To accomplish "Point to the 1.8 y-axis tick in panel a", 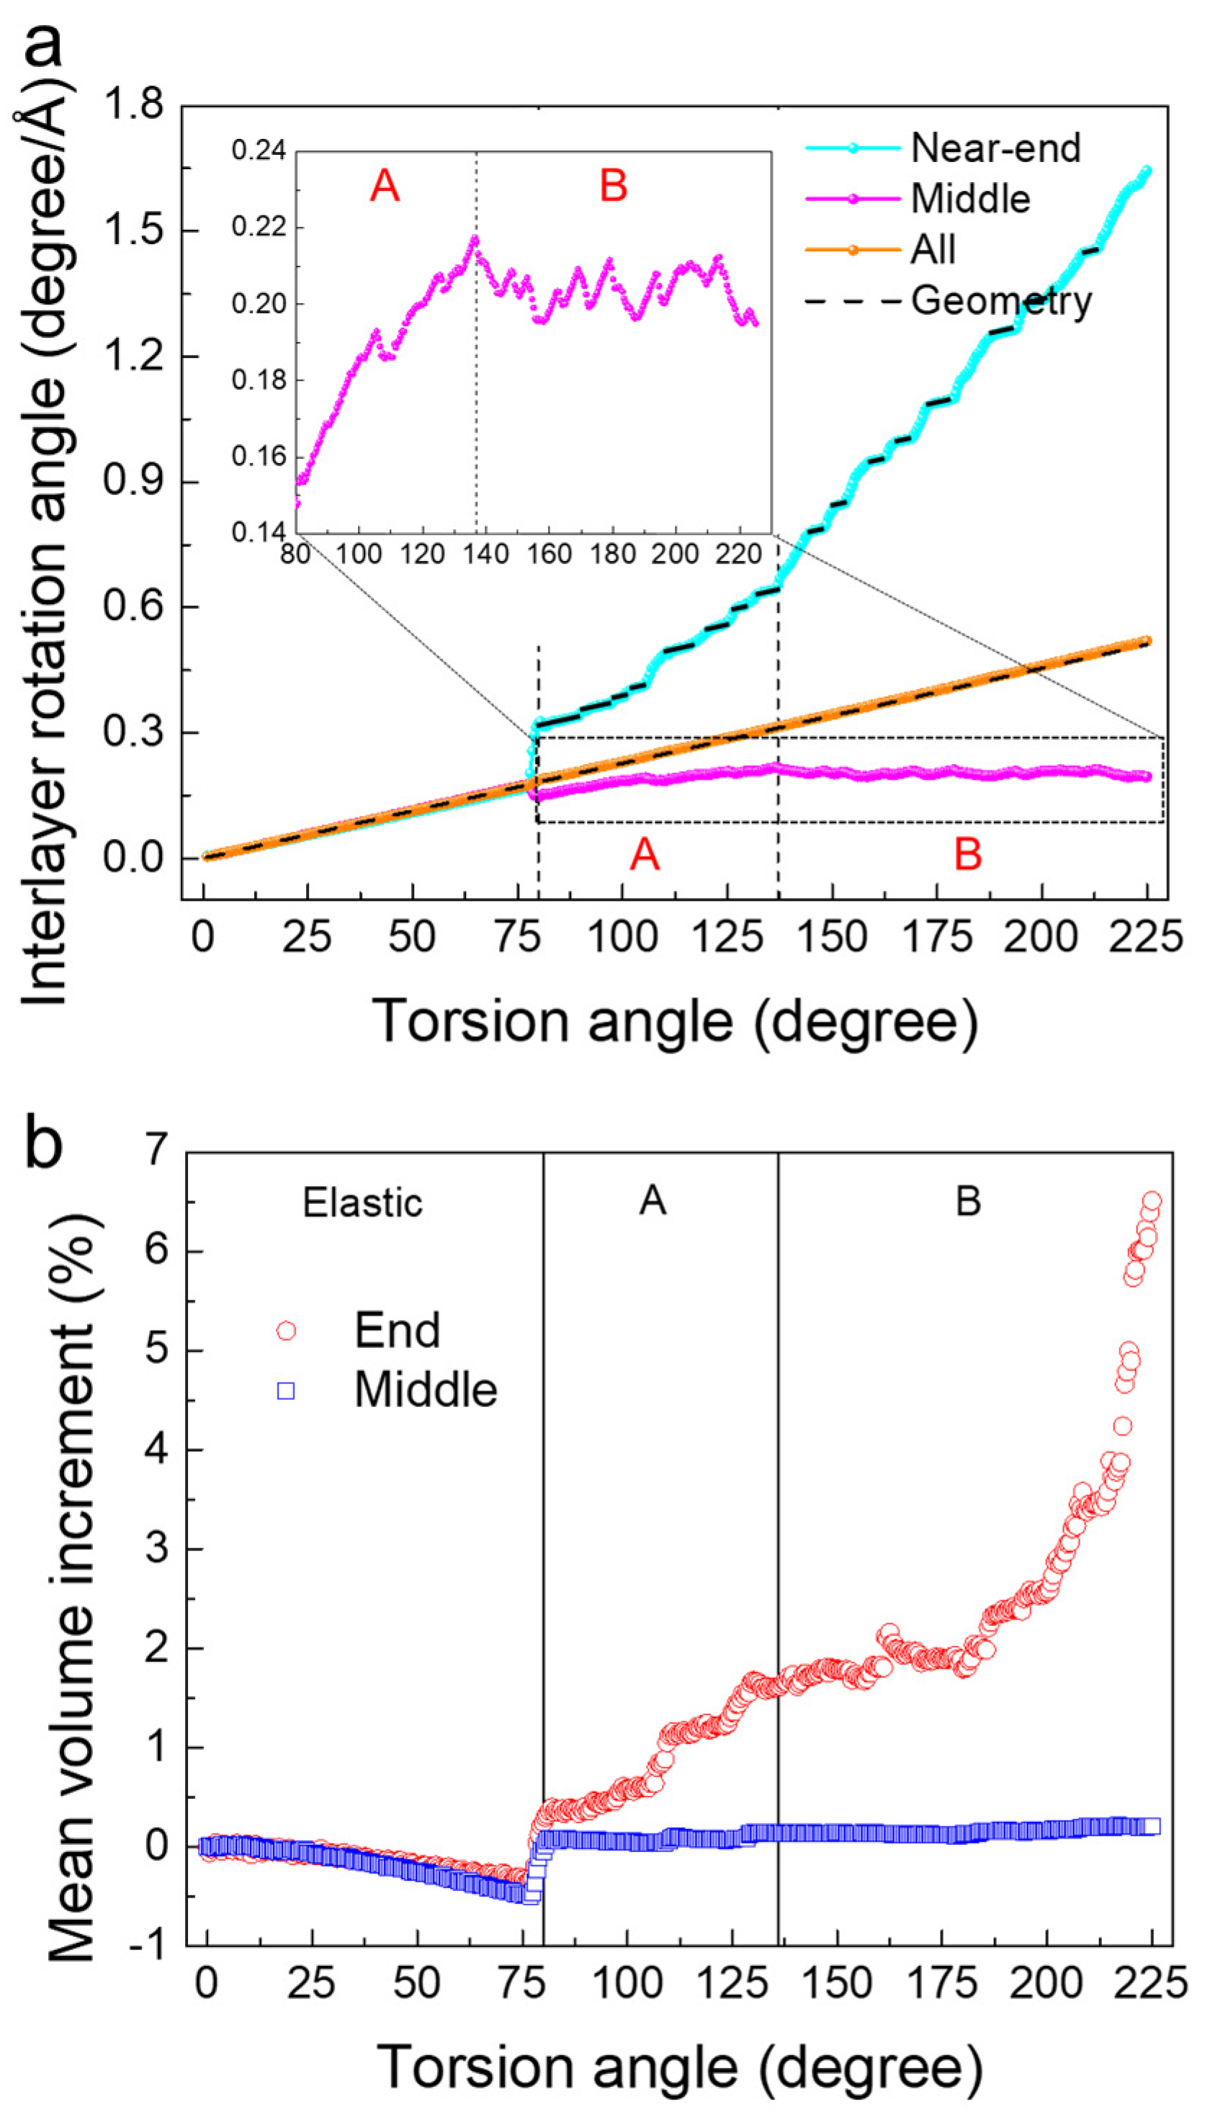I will pyautogui.click(x=133, y=106).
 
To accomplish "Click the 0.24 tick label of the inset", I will pyautogui.click(x=259, y=151).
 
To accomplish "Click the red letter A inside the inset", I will pyautogui.click(x=385, y=185).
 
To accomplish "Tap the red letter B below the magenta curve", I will pyautogui.click(x=967, y=854).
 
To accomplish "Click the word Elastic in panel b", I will pyautogui.click(x=362, y=1203).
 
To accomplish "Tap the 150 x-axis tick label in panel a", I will pyautogui.click(x=831, y=938).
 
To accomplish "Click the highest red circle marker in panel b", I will pyautogui.click(x=1151, y=1201).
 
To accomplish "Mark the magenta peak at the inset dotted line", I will pyautogui.click(x=475, y=238).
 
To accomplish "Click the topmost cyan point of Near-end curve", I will pyautogui.click(x=1147, y=171).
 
